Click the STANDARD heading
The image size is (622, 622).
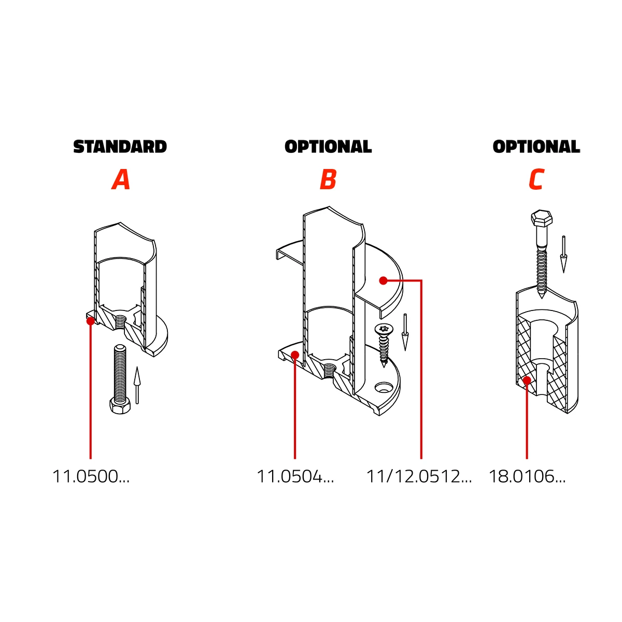[x=120, y=147]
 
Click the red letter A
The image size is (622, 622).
[x=121, y=179]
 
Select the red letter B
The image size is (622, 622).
[x=328, y=179]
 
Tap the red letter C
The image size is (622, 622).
[x=536, y=179]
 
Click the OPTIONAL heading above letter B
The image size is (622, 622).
[x=328, y=147]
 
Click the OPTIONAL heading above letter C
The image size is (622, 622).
[x=536, y=147]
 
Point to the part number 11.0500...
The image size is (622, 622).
[x=91, y=476]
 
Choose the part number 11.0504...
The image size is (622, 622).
[x=295, y=476]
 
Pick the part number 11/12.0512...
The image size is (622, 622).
[x=419, y=476]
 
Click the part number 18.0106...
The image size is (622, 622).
[x=527, y=476]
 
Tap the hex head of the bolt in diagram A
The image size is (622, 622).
[x=120, y=406]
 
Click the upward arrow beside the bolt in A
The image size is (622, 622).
[x=137, y=385]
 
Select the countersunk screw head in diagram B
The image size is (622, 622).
[x=384, y=329]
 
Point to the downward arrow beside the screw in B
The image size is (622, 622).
[x=405, y=332]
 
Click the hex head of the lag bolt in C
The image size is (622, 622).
[x=541, y=218]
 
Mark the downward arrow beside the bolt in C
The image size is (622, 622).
[x=563, y=255]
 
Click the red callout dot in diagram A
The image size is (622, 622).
[x=91, y=321]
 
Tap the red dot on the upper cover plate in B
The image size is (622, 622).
[x=383, y=280]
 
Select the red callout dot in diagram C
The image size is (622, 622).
[x=527, y=380]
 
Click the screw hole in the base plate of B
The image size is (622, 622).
[x=383, y=388]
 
